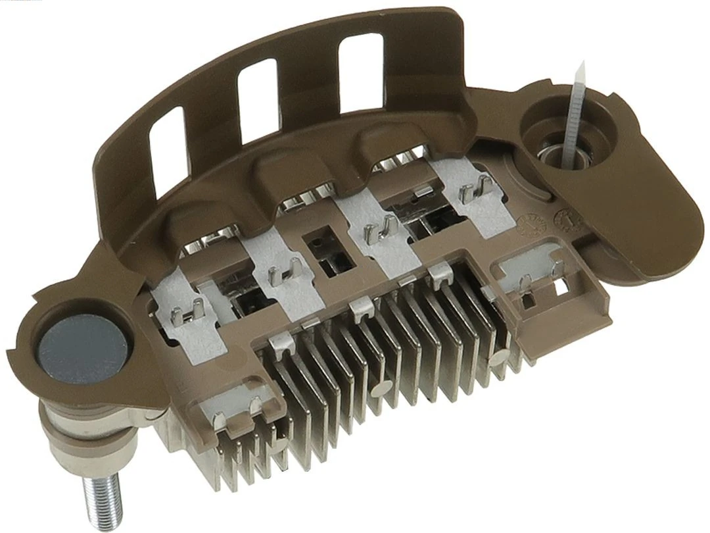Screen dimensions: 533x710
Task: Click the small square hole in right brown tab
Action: click(x=560, y=288)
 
